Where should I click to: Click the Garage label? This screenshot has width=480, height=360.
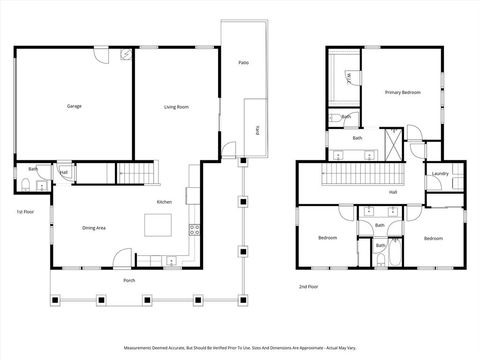(74, 106)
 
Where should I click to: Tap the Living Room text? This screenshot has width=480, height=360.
(177, 106)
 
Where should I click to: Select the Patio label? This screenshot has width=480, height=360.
(243, 63)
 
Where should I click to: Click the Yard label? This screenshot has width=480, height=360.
(257, 129)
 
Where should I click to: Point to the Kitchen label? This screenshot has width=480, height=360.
(163, 202)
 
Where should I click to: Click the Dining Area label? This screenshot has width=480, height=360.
(94, 228)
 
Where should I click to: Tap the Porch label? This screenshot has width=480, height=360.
(129, 280)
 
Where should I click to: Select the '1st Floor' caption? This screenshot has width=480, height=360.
(24, 212)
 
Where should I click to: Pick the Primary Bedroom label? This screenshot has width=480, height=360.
(402, 92)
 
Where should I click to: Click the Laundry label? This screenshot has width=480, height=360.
(439, 174)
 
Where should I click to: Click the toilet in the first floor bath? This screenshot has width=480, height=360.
(23, 183)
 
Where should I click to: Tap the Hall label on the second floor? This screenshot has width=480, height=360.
(393, 191)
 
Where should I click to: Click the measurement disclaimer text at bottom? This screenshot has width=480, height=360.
(240, 349)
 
